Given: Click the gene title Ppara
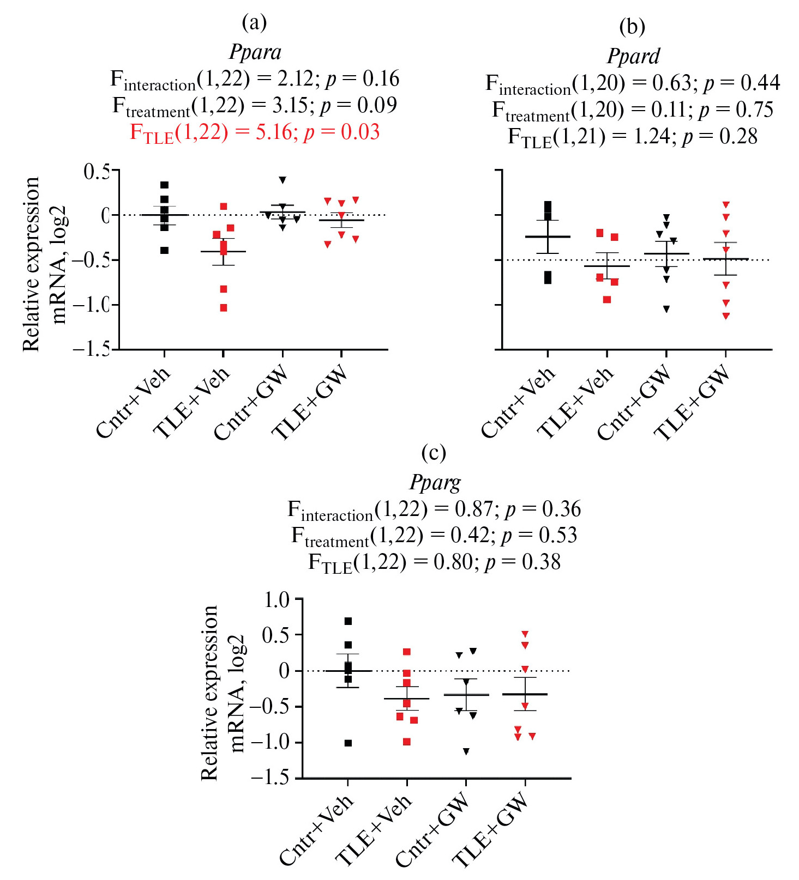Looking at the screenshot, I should tap(255, 52).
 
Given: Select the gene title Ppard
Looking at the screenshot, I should tap(633, 56).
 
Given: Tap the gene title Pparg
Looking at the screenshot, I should tap(435, 483).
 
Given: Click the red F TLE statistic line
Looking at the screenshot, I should tap(255, 132).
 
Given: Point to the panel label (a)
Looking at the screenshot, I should tap(254, 22).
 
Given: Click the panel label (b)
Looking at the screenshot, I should tap(632, 26).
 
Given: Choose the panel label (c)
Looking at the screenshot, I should tap(434, 453).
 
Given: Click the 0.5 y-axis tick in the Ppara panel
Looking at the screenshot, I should tap(96, 172).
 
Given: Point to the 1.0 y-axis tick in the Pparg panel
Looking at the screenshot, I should tap(277, 600).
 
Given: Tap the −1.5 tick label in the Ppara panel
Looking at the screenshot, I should tap(92, 349).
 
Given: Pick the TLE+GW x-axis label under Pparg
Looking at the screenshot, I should tap(491, 830).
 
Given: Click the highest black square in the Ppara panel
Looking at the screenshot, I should tap(165, 185).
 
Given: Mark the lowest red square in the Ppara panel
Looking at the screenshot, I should tap(224, 308).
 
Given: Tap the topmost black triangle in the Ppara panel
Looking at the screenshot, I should tap(283, 180).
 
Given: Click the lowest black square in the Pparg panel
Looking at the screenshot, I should tap(348, 743).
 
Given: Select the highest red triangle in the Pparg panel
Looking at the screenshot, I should tap(525, 634).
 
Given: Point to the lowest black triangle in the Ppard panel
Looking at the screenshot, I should tap(666, 309).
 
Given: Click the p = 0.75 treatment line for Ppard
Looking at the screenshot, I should tap(633, 110).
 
